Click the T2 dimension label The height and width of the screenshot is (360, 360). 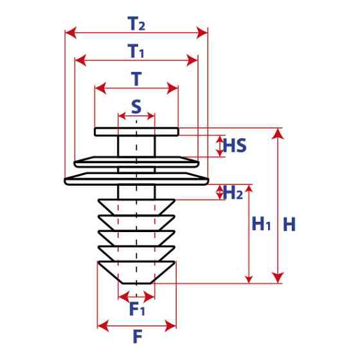click(136, 24)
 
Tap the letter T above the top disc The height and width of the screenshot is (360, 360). click(136, 78)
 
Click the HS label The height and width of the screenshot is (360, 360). click(235, 146)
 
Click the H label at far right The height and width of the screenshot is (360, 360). click(289, 224)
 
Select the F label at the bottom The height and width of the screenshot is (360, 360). click(136, 336)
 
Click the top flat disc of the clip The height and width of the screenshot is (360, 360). click(136, 132)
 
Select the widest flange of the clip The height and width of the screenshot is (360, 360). click(136, 178)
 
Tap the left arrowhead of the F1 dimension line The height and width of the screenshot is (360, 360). click(122, 296)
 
